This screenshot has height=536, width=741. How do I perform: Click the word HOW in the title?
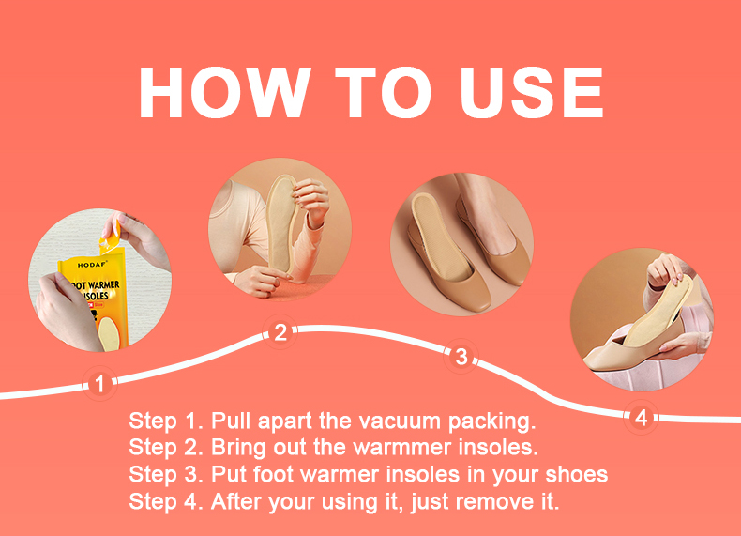coord(225,92)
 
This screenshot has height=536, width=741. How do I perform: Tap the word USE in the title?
coord(531,92)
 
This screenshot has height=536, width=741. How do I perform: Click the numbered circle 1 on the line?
coord(99,384)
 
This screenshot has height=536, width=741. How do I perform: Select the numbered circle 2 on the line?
coord(280,332)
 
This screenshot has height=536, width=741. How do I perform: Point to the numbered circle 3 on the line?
coord(461,356)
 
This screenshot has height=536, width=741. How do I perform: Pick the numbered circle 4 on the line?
coord(641,418)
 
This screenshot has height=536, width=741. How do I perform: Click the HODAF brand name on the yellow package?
coord(92,265)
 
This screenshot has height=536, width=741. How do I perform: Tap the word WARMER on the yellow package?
coord(103,284)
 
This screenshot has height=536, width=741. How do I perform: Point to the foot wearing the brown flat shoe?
coord(487,222)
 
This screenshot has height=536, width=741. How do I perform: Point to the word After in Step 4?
coord(236,501)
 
